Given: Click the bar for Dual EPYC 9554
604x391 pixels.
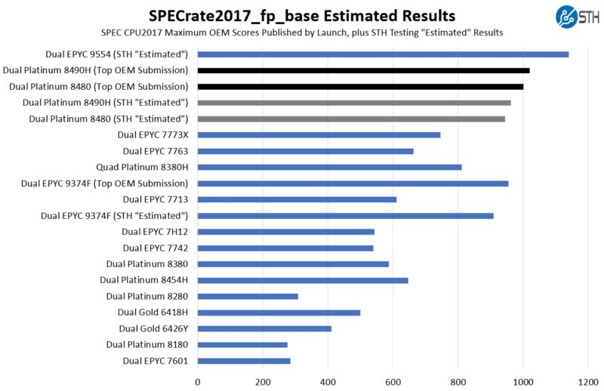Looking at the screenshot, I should pos(383,54).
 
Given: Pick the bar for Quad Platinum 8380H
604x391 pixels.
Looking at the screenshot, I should pos(329,167).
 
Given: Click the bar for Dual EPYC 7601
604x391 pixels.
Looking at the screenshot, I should pos(244,361).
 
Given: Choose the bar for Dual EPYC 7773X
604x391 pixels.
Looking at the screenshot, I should pos(319,135).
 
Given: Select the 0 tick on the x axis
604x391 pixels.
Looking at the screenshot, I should pos(198,382).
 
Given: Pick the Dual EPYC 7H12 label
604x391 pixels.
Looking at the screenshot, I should pos(155,232).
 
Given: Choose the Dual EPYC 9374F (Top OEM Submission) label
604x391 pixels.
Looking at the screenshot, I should pos(104,183).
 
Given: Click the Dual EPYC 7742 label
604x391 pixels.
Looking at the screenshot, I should pos(156,248).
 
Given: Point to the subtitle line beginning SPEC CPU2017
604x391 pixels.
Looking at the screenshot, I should pos(302,32).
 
